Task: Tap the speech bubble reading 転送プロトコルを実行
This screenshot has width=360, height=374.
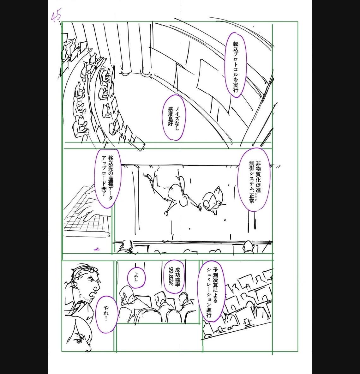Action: (x=236, y=65)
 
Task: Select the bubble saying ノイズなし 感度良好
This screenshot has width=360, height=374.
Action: (x=174, y=118)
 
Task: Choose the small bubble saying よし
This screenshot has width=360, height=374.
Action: (x=136, y=277)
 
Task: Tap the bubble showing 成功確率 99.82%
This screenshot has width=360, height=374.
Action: (x=174, y=277)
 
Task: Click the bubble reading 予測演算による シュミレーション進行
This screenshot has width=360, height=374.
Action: (x=213, y=291)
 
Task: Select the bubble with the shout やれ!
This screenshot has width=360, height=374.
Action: (x=106, y=314)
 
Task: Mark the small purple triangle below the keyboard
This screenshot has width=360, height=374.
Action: (x=97, y=249)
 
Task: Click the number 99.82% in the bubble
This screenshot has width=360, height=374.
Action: (x=171, y=277)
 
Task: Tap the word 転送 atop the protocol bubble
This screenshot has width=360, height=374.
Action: (x=236, y=47)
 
